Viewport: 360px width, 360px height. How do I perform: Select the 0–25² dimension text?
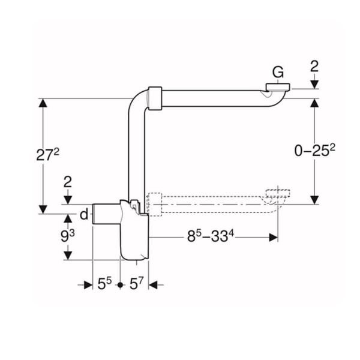pos(314,152)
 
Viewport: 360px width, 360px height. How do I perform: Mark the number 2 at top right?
pos(314,65)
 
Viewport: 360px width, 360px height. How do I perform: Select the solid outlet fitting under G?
pos(277,91)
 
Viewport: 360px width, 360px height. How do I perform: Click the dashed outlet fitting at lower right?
pos(277,196)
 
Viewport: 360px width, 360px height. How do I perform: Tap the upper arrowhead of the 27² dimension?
pos(43,103)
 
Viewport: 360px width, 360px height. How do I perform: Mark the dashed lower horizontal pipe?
pos(210,204)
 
